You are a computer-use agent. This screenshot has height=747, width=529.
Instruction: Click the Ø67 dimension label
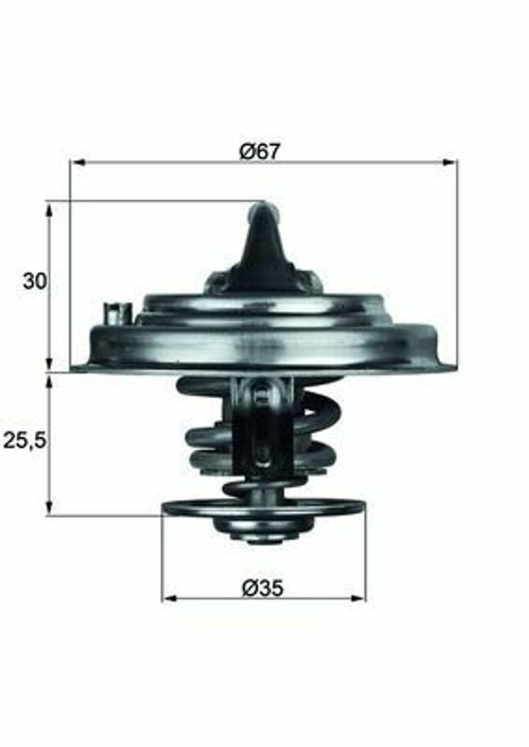click(260, 151)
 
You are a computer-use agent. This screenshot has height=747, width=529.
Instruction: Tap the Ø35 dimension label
click(263, 587)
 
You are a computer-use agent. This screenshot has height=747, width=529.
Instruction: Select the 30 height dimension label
click(36, 281)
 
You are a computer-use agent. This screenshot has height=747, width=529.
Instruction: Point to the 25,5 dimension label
click(25, 441)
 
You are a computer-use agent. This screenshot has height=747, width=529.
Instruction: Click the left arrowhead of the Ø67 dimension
click(78, 162)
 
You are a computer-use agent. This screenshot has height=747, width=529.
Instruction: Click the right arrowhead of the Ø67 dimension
click(450, 162)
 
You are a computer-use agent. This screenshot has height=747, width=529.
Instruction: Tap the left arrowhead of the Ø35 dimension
click(170, 599)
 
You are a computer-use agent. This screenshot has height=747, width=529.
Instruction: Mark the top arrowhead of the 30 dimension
click(50, 208)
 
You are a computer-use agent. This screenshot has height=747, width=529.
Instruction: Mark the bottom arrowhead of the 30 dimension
click(50, 363)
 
